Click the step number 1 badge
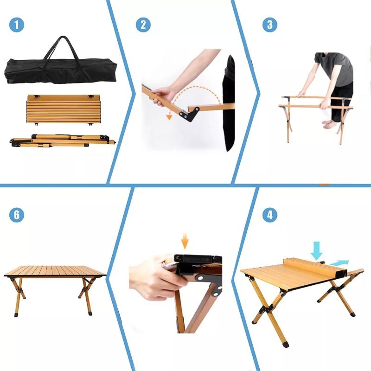tap(17, 25)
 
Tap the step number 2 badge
tap(143, 25)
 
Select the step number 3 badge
tap(270, 25)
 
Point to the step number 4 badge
tap(270, 215)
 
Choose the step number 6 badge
tap(17, 215)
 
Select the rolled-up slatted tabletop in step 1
tap(64, 109)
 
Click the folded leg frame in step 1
tap(63, 141)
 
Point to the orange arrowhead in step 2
tap(169, 117)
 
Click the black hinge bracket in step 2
tap(189, 114)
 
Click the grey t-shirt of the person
tap(334, 69)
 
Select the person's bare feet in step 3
tap(329, 124)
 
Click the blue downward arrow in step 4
tap(316, 250)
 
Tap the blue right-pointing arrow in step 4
tap(339, 262)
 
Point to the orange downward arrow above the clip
tap(185, 241)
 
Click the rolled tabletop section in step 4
tap(315, 269)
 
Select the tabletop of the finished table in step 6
tap(55, 271)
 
